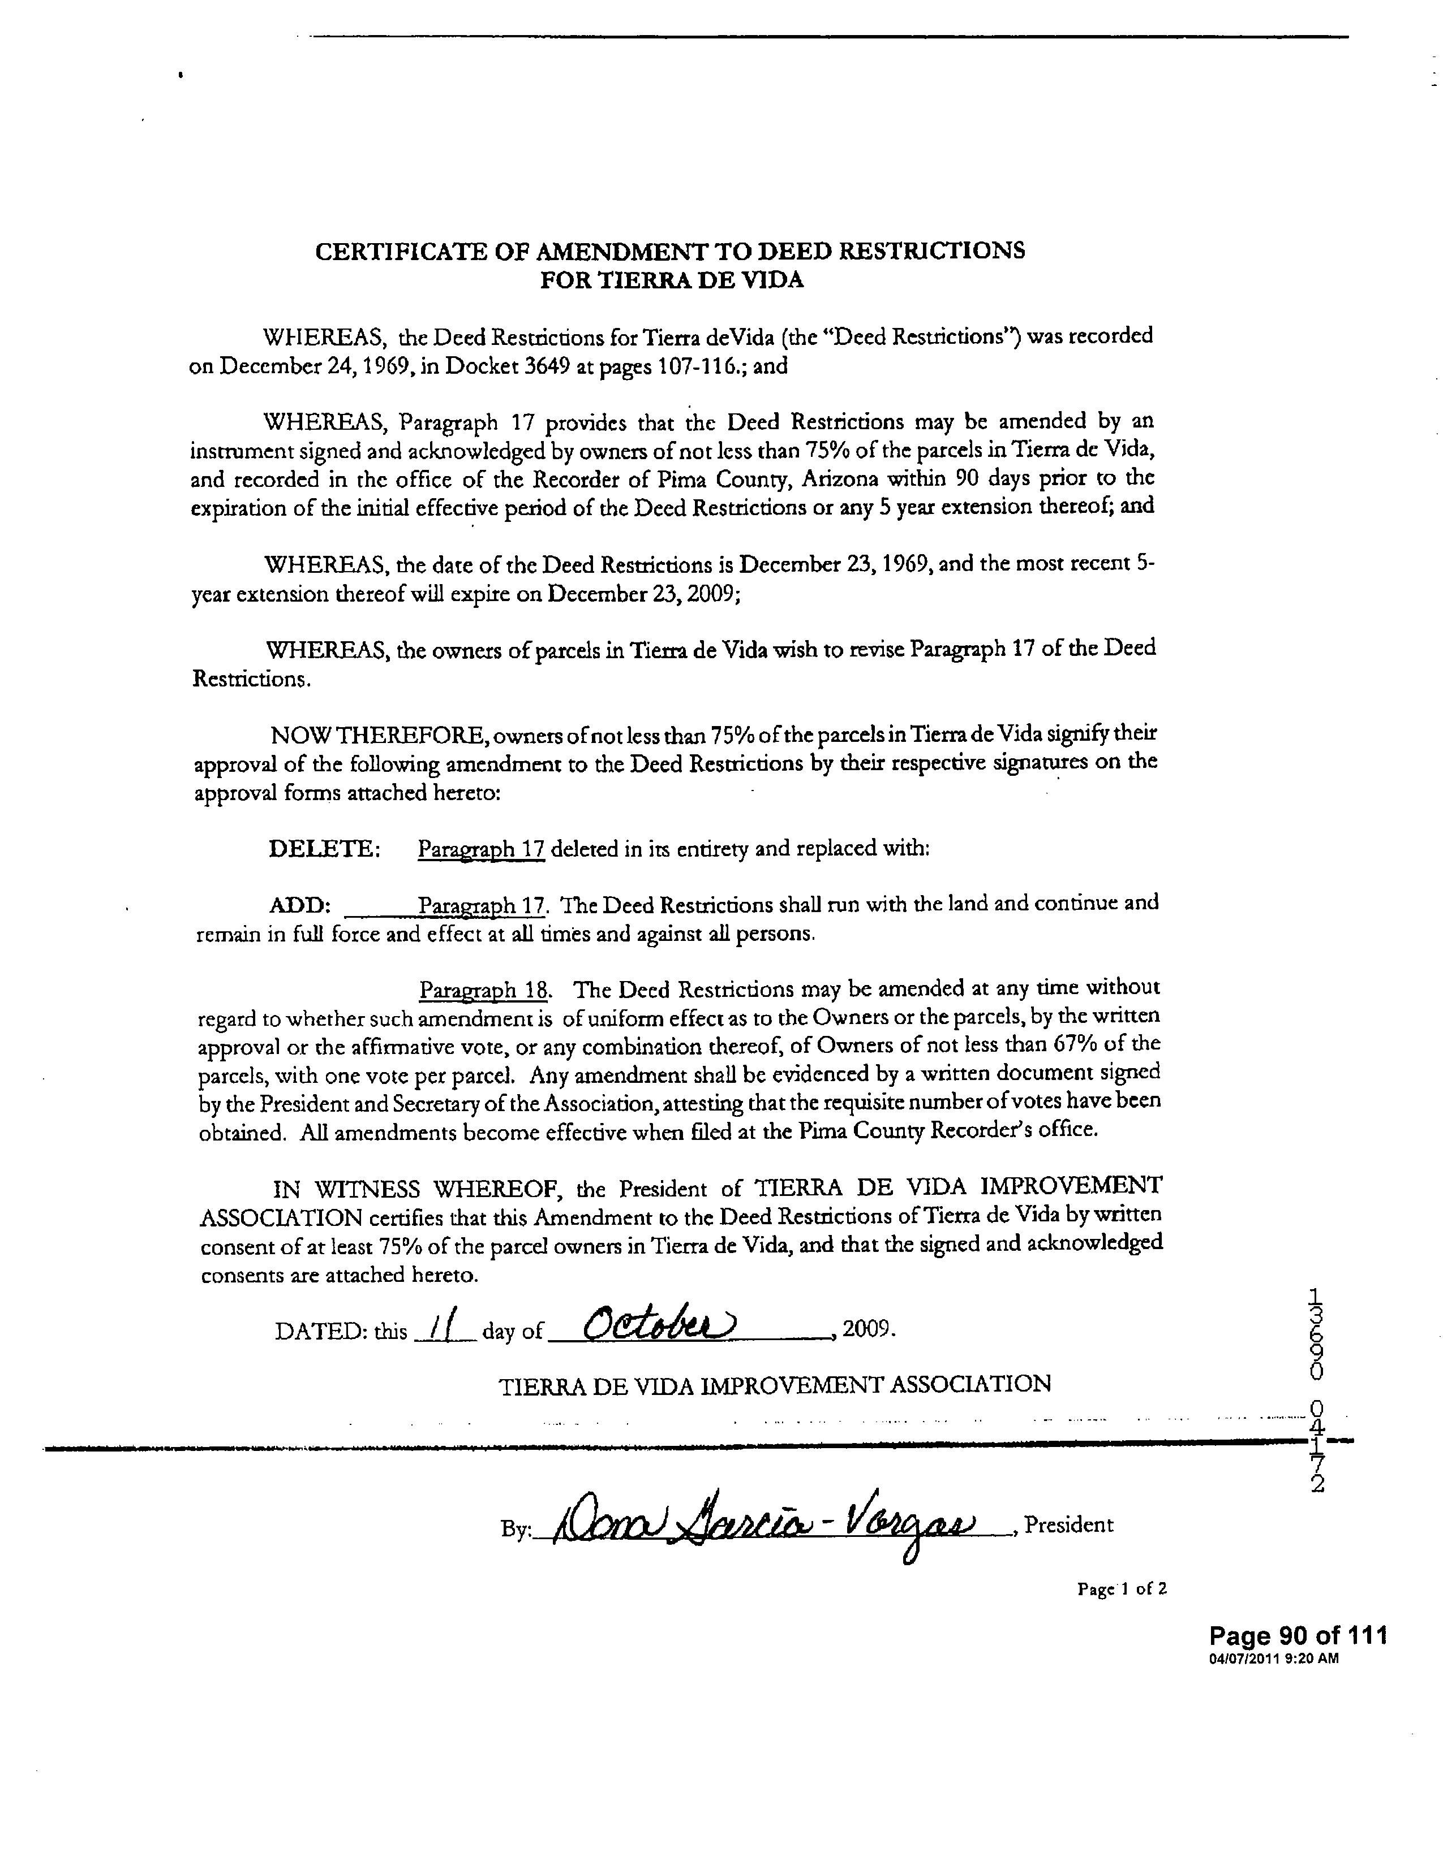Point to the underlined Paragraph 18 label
(x=484, y=990)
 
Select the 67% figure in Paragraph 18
(x=1085, y=1044)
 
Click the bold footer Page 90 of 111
(x=1298, y=1635)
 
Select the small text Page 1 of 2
(x=1122, y=1588)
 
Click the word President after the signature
(x=1068, y=1525)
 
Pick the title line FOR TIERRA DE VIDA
(x=672, y=280)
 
